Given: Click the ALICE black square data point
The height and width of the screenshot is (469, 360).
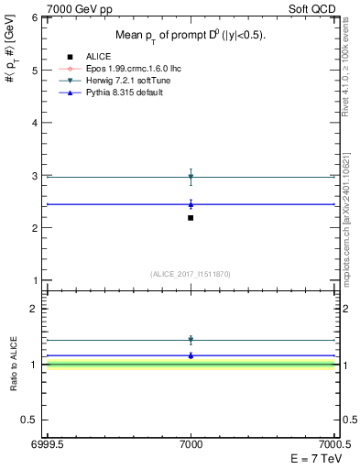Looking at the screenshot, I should [191, 217].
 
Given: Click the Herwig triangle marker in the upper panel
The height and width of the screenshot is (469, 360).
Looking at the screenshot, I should [191, 176].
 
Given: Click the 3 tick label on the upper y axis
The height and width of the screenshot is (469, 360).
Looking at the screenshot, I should [36, 175].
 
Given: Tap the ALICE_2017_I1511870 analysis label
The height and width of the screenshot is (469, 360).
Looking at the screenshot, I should [191, 274].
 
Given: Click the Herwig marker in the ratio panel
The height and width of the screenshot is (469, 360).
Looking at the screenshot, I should [191, 340].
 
